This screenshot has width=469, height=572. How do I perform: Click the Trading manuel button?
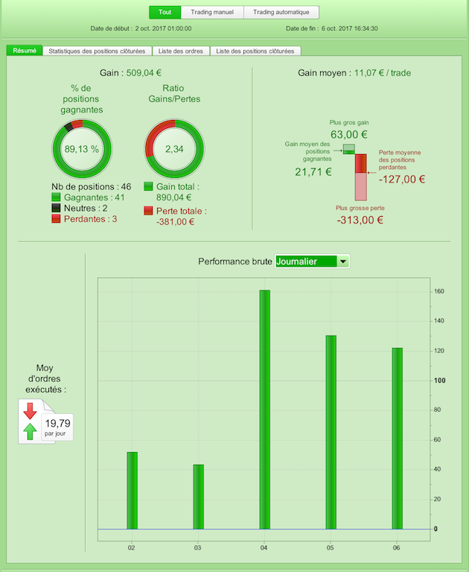(211, 12)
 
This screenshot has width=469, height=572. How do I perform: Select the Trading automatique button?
(281, 12)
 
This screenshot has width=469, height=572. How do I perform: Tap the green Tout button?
(165, 12)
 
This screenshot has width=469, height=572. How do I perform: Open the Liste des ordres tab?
(182, 51)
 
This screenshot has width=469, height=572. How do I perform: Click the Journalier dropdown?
(311, 261)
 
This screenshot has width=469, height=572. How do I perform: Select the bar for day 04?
(264, 409)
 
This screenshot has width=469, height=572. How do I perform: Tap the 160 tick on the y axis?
(439, 291)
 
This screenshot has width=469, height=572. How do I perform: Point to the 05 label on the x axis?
(331, 547)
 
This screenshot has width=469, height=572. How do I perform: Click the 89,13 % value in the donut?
(81, 149)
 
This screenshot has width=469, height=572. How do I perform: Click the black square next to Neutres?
(56, 209)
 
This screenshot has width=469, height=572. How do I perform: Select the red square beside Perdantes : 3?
(56, 220)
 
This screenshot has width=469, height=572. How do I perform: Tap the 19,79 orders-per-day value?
(59, 422)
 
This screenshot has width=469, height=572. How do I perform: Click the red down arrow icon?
(31, 410)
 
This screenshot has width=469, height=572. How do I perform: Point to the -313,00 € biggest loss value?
(360, 220)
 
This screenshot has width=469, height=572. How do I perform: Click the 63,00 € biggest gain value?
(348, 134)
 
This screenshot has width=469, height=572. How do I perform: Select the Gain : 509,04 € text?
(130, 73)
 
